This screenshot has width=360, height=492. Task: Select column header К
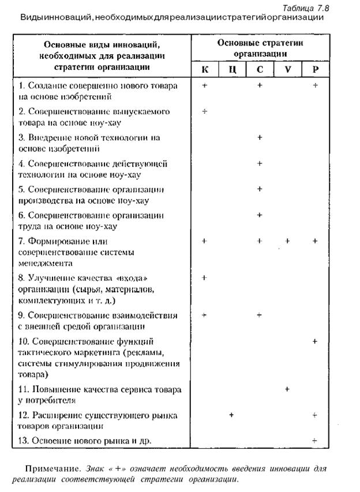coord(204,70)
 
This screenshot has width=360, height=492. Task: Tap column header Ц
coord(232,70)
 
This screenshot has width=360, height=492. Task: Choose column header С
coord(260,70)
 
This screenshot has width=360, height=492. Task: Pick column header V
coord(287,70)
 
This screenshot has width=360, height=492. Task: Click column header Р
coord(314,70)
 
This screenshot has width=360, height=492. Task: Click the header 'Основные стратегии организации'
coord(260,48)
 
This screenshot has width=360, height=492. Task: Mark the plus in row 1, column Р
coord(315,85)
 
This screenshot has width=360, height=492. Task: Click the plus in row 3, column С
coord(260,137)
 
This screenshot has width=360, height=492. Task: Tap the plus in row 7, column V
coord(287,241)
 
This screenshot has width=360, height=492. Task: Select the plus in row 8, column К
coord(204,278)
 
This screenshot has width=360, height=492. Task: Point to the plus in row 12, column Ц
coord(232,415)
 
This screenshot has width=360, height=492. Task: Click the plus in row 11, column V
coord(287,389)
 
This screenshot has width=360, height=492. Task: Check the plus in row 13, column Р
coord(315,441)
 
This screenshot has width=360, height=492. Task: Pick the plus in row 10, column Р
coord(315,341)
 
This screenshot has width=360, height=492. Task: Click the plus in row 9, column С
coord(260,315)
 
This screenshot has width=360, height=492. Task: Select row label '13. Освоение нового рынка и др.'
coord(87,441)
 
